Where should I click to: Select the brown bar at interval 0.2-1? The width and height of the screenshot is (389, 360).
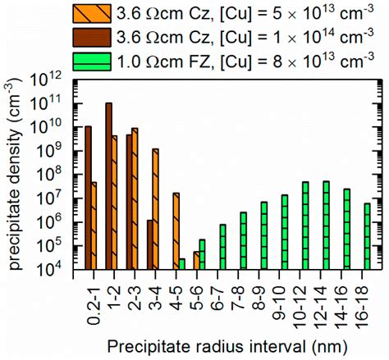coord(88,198)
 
